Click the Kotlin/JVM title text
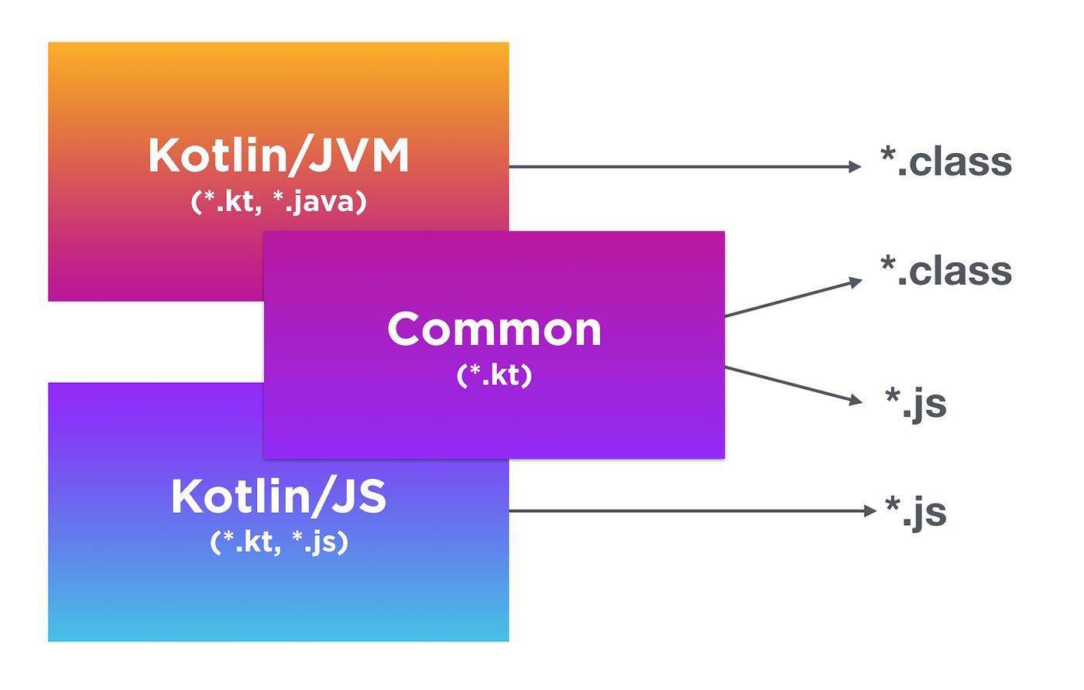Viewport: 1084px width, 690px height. click(278, 156)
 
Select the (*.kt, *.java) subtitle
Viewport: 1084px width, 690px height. click(278, 202)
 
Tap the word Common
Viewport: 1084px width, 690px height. click(494, 330)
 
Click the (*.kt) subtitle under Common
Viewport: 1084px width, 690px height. click(494, 375)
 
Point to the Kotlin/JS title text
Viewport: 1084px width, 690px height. click(278, 497)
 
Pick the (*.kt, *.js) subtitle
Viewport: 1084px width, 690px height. click(279, 542)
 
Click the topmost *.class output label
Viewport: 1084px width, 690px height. click(945, 162)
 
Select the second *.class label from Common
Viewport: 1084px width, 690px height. click(945, 272)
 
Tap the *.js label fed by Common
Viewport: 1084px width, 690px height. click(915, 403)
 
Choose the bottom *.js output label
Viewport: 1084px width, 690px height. click(915, 512)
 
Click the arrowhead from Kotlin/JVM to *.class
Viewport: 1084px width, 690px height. click(856, 166)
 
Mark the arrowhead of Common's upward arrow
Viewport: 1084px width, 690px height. click(856, 282)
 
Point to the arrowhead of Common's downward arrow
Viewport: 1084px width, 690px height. click(856, 400)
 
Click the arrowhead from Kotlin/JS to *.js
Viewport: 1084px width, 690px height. click(871, 511)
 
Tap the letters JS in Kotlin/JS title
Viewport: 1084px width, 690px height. click(359, 497)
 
